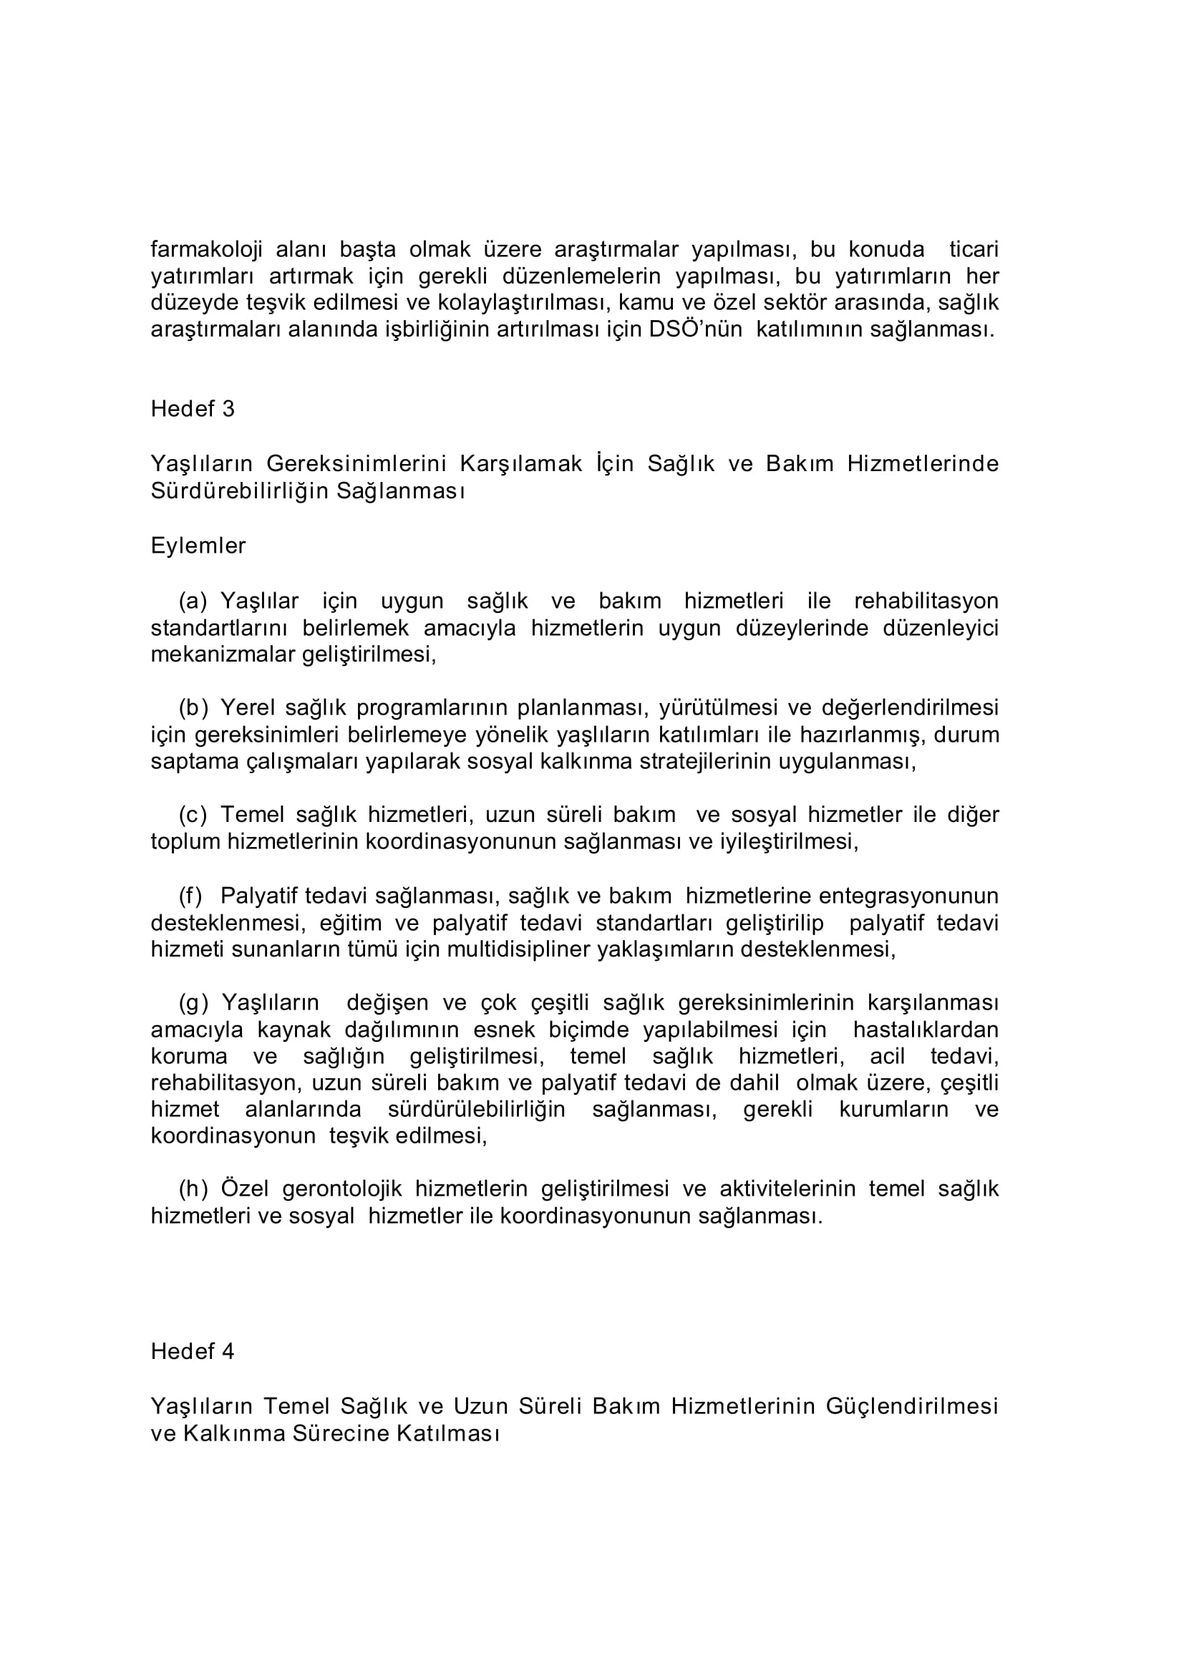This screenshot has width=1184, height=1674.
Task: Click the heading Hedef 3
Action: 193,409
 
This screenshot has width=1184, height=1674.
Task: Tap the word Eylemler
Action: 198,546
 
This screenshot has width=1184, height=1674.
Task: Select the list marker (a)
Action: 193,601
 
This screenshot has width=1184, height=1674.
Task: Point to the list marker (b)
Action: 193,707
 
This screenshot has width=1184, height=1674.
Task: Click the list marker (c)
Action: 193,814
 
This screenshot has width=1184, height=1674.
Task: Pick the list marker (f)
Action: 190,895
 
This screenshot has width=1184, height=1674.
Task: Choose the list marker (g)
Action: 193,1002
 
